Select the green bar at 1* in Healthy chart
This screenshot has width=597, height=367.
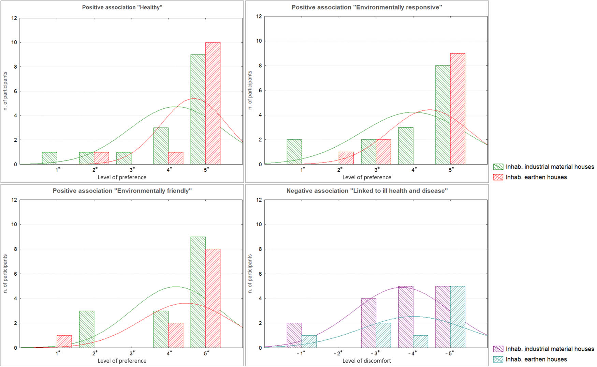(x=49, y=158)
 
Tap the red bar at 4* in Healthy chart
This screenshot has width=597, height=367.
(x=176, y=158)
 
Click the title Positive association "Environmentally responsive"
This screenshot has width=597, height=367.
(x=367, y=7)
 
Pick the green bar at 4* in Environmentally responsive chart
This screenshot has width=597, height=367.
(x=406, y=146)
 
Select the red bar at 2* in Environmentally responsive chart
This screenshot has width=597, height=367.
(x=346, y=158)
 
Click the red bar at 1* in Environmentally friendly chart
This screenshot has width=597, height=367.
(x=64, y=341)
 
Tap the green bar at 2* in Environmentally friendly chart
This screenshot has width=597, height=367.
(x=87, y=329)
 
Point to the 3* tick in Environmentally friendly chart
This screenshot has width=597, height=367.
(x=132, y=353)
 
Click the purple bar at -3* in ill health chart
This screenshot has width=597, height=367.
(x=368, y=323)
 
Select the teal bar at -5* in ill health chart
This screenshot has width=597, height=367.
(x=457, y=317)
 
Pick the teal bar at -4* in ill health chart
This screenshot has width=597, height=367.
(x=420, y=341)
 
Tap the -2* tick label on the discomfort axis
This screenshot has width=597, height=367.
(x=338, y=353)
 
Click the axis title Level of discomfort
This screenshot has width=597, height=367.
(x=367, y=361)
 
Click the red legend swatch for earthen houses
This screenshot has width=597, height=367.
(x=498, y=177)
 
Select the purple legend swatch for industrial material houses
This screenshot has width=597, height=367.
(x=498, y=349)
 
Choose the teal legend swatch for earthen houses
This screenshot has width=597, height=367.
(x=498, y=360)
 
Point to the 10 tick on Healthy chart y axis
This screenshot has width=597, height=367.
(x=14, y=43)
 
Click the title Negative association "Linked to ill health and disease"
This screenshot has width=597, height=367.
(x=367, y=191)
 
